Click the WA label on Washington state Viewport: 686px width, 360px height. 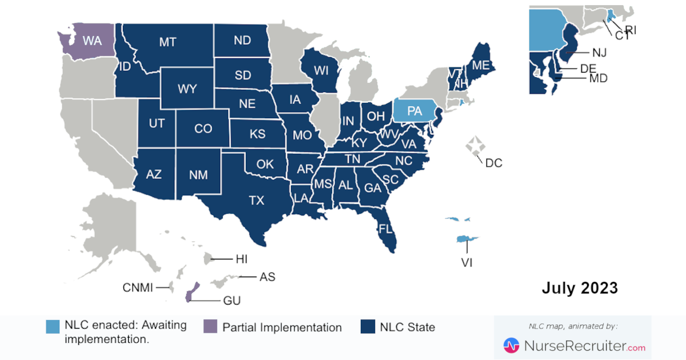coord(92,41)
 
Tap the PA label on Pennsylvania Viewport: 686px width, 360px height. coord(414,111)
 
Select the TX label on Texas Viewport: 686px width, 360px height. coord(257,200)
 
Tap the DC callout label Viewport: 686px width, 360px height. coord(493,163)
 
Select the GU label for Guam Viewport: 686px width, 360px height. coord(233,301)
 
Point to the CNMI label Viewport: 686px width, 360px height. coord(138,287)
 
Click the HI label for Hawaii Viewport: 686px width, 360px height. coord(241,259)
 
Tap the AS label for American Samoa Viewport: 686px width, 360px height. coord(267,277)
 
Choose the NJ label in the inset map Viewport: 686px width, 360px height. coord(599,53)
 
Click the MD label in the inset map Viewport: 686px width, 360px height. coord(599,78)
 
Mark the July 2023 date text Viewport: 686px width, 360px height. coord(580,288)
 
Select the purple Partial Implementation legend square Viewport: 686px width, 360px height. coord(210,327)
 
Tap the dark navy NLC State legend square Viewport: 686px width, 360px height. coord(368,327)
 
